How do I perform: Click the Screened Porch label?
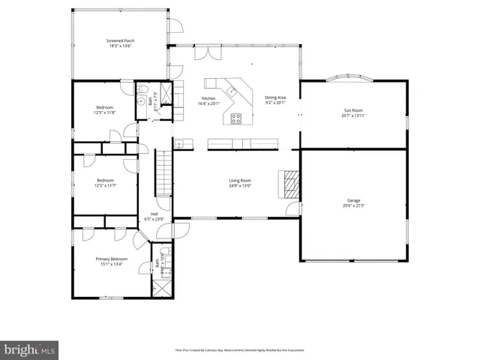[x=120, y=40]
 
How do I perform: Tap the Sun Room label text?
[x=352, y=110]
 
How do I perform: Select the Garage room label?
[x=353, y=200]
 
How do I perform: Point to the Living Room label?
[x=240, y=180]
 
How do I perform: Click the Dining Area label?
[x=275, y=97]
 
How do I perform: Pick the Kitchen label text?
[x=208, y=99]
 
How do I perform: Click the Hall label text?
[x=154, y=214]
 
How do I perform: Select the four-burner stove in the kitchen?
[x=236, y=117]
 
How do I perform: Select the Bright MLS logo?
[x=30, y=349]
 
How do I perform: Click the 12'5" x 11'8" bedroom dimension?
[x=104, y=113]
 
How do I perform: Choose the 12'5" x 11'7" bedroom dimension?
[x=105, y=184]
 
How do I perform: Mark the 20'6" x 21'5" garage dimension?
[x=353, y=205]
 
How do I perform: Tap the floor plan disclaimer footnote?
[x=239, y=350]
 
